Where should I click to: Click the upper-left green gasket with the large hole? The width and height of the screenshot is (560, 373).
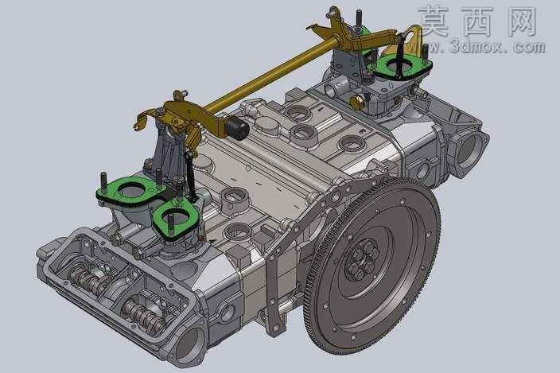130,191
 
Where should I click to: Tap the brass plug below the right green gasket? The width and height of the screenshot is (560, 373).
357,103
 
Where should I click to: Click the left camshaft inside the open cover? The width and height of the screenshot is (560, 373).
87,278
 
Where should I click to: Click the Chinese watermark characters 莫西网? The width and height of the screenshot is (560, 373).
478,21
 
